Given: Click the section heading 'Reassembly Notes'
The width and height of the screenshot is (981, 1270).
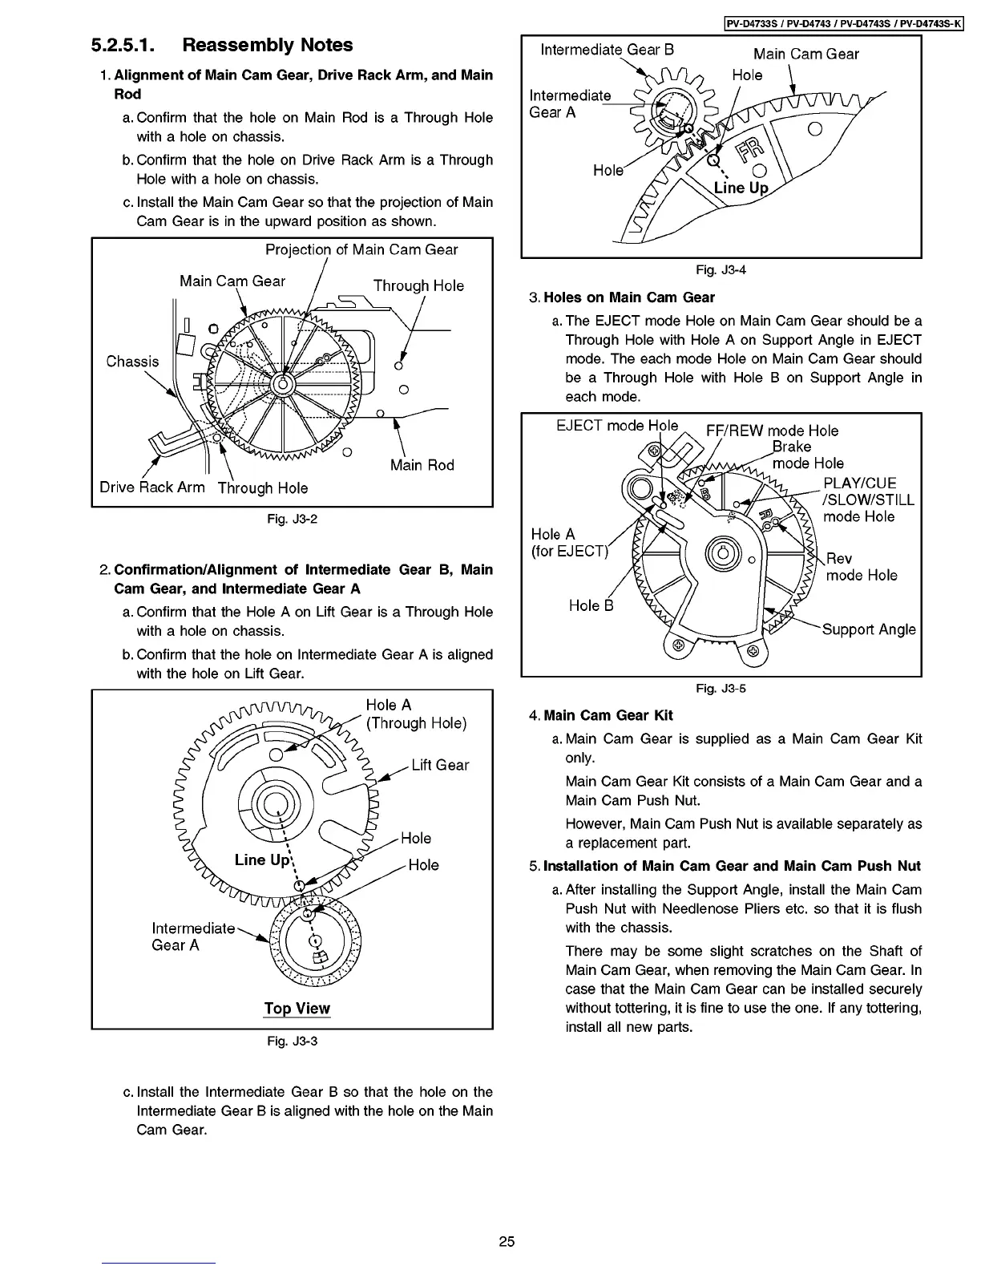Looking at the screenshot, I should pyautogui.click(x=268, y=45).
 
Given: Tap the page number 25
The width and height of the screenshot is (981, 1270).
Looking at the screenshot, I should pyautogui.click(x=507, y=1242).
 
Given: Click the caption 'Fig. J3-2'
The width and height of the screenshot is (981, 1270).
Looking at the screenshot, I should pyautogui.click(x=293, y=519).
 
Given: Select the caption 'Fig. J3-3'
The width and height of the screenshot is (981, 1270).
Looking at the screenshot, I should pyautogui.click(x=293, y=1041).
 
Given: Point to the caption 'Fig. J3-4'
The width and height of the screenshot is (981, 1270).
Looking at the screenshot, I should pyautogui.click(x=721, y=269).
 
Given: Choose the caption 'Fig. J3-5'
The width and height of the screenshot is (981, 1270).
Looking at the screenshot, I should pyautogui.click(x=721, y=688).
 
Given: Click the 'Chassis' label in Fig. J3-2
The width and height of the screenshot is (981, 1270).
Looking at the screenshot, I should pyautogui.click(x=132, y=361).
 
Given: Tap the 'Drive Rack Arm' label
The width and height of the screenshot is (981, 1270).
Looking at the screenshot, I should pyautogui.click(x=152, y=487).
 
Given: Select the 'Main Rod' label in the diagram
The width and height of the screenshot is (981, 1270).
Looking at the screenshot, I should pyautogui.click(x=422, y=465).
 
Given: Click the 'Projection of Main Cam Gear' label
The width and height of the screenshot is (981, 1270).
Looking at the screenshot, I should pyautogui.click(x=361, y=249).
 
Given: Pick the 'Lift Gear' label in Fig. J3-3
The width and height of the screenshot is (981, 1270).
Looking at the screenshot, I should pyautogui.click(x=440, y=765).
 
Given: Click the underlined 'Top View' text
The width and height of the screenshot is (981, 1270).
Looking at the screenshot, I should pyautogui.click(x=297, y=1009).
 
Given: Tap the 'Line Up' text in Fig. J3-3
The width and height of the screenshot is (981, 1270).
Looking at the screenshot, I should pyautogui.click(x=262, y=859).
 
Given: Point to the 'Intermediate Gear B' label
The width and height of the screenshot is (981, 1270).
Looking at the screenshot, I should pyautogui.click(x=608, y=50).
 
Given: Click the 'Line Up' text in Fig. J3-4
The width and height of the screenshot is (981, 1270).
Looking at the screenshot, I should pyautogui.click(x=741, y=188).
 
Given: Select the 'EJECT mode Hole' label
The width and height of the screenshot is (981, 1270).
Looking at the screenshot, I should pyautogui.click(x=617, y=425).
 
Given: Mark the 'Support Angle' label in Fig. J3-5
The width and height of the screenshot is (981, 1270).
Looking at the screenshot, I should pyautogui.click(x=869, y=629).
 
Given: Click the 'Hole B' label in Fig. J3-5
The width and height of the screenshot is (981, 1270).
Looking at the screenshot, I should pyautogui.click(x=591, y=605).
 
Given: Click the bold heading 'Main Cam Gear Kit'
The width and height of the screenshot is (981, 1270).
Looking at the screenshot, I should pyautogui.click(x=608, y=715).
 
